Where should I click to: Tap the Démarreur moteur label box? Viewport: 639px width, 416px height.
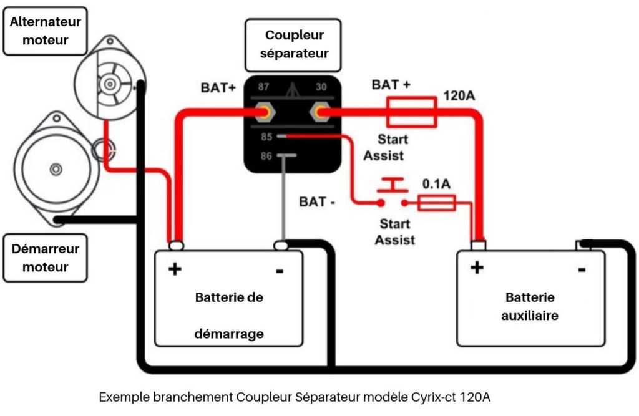pos(46,258)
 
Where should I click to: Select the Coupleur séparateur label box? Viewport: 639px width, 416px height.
pos(294,44)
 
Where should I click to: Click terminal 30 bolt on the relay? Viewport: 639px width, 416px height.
pos(320,113)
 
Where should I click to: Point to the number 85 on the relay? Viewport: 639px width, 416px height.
pos(266,137)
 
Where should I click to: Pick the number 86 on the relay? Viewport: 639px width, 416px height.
pos(266,156)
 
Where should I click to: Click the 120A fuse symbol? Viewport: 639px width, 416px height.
pos(412,112)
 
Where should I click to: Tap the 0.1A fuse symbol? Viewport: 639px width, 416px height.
pos(437,203)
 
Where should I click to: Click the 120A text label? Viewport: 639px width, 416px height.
pos(461,97)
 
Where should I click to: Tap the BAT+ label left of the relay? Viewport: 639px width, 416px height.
pos(218,88)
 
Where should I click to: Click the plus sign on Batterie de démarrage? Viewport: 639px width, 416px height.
pos(175,269)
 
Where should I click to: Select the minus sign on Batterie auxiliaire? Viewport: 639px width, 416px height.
pos(581,269)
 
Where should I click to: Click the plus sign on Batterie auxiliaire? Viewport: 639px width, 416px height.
pos(477,268)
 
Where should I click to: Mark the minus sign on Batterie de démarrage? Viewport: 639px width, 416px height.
pos(279,271)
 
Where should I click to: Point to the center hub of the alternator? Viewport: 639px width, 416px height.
pos(110,83)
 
